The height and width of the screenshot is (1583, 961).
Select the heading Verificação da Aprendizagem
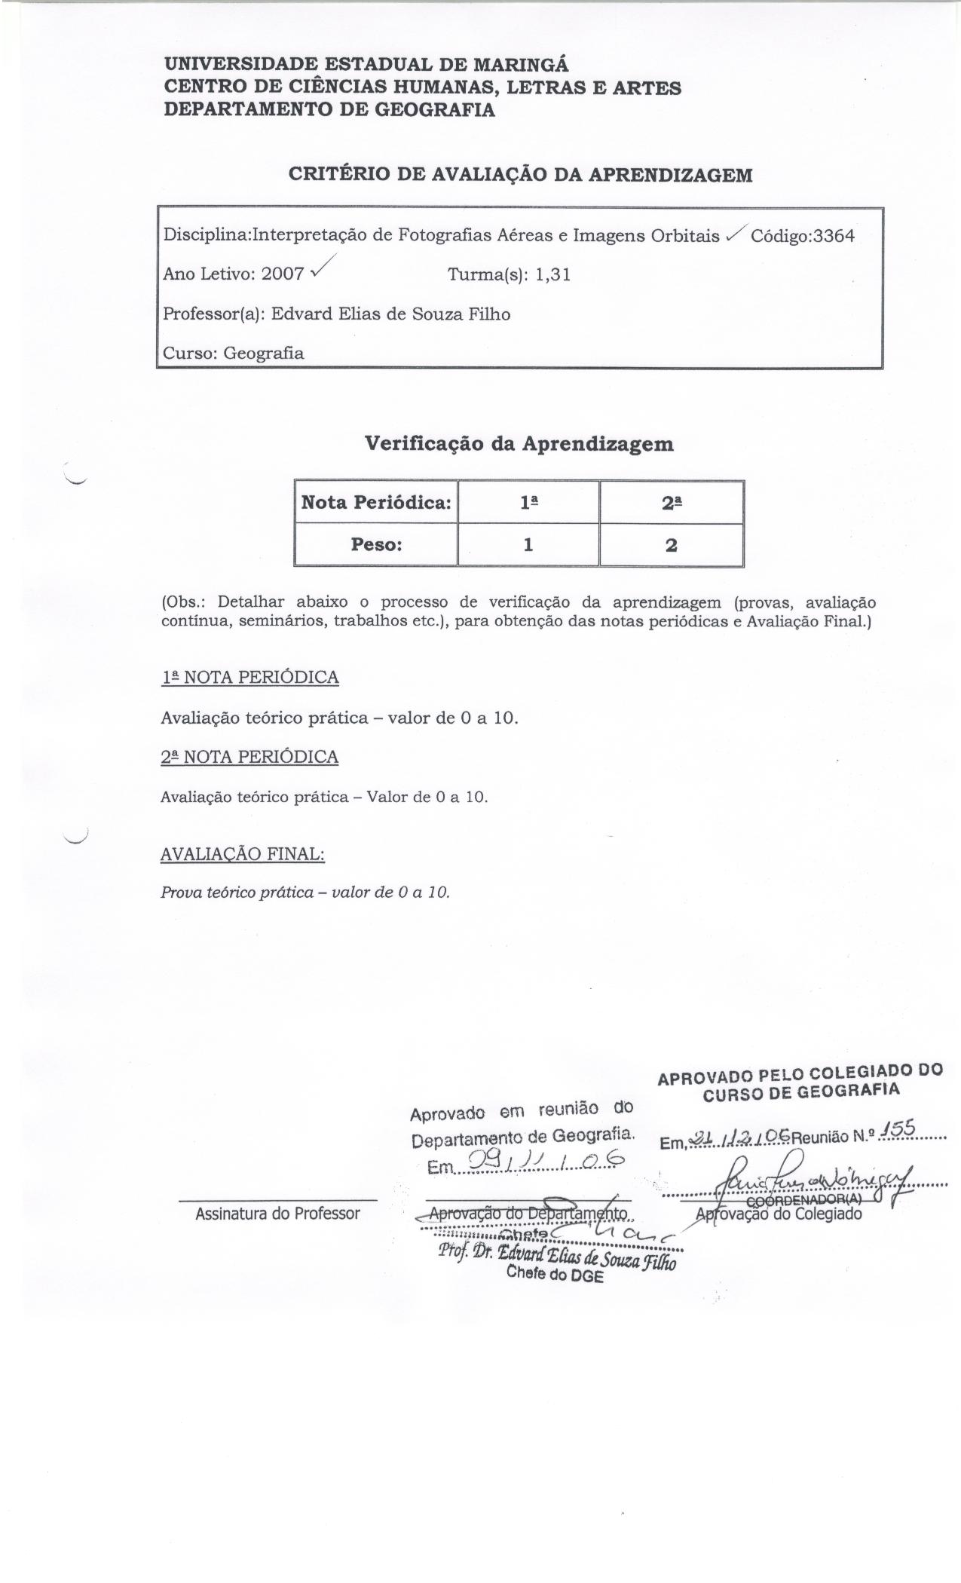[519, 443]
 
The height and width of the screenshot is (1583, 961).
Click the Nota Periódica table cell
[376, 502]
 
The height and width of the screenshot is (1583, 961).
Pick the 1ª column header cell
[528, 502]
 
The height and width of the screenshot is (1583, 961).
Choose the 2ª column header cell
[672, 502]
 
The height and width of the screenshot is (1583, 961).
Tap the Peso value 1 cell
[528, 544]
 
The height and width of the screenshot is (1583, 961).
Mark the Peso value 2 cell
[672, 544]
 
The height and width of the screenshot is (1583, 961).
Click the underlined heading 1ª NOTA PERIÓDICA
[249, 678]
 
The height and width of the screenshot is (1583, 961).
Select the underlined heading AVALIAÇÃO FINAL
[242, 854]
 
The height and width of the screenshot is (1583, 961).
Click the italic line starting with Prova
[305, 893]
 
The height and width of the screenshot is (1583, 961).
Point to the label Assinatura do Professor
[277, 1214]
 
